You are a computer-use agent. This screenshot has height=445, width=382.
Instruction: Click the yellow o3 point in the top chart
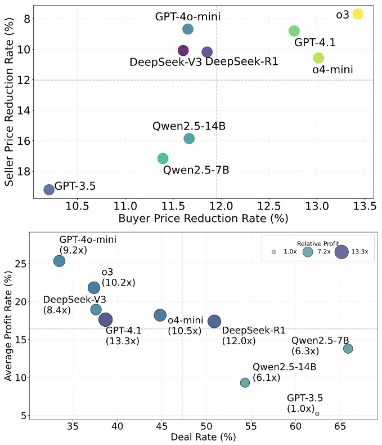click(358, 14)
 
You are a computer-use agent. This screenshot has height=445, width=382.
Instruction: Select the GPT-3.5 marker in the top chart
click(49, 189)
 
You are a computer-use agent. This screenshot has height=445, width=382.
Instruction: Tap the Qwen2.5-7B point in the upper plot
click(163, 158)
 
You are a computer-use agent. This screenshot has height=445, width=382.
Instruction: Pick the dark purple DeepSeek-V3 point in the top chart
click(183, 51)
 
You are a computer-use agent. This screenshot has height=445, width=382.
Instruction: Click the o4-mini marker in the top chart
click(318, 58)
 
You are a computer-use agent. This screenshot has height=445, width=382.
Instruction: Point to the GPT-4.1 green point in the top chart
click(294, 31)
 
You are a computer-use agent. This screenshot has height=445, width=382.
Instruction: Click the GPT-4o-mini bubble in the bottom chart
click(59, 261)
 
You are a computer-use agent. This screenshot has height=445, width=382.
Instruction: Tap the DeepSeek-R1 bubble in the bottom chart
click(214, 321)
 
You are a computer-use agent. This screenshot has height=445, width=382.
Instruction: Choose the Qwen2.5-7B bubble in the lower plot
click(348, 349)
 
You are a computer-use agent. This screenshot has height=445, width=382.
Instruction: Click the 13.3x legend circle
click(341, 252)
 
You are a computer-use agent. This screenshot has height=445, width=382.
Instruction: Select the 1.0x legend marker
click(273, 252)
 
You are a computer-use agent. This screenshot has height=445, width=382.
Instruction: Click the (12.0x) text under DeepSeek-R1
click(239, 340)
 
